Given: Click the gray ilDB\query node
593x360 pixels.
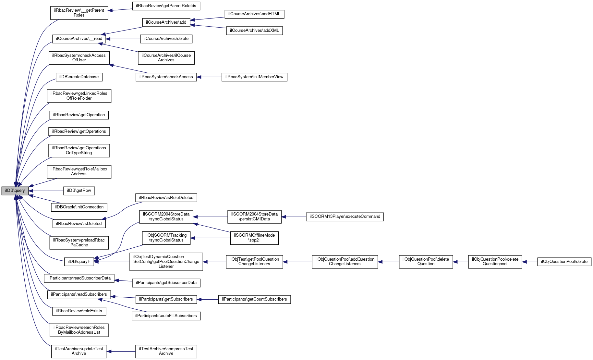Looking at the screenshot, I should [x=15, y=191].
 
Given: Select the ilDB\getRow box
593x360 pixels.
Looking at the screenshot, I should [x=79, y=191].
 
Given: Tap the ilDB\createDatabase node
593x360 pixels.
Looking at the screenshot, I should [x=79, y=77].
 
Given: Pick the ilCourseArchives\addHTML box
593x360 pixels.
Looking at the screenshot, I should [x=254, y=14].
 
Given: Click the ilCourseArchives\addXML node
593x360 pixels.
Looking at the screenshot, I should [x=254, y=31].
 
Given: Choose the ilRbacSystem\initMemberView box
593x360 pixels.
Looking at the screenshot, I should [x=254, y=77].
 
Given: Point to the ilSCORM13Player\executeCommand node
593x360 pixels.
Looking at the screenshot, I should [x=345, y=217].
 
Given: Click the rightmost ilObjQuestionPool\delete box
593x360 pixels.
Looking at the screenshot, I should [x=564, y=262].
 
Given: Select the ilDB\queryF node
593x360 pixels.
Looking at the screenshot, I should [x=79, y=262].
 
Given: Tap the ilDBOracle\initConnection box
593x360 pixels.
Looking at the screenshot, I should [x=79, y=207].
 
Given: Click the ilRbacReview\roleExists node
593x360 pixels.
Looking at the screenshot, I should [x=79, y=311].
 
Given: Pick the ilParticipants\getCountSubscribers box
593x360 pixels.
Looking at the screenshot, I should [x=254, y=299].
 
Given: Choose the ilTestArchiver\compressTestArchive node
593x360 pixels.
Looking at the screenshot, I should [x=166, y=351].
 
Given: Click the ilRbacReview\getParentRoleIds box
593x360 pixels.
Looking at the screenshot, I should [x=166, y=6].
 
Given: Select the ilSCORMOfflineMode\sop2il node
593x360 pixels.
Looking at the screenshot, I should [x=254, y=238].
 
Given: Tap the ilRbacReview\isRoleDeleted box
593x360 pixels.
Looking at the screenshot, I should [x=166, y=198].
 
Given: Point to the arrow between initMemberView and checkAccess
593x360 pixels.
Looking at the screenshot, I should [x=209, y=77].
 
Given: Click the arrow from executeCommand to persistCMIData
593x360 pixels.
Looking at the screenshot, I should [x=294, y=217].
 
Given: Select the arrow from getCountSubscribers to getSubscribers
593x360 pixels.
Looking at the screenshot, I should [x=208, y=299].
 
